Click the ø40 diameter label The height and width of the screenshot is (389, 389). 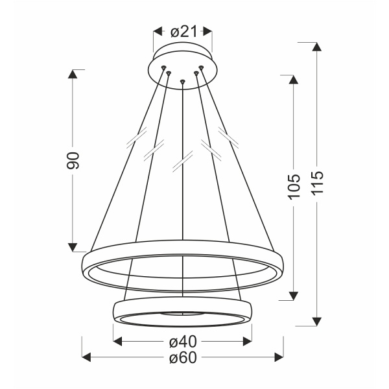pyautogui.click(x=183, y=342)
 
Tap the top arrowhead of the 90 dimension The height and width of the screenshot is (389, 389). pyautogui.click(x=73, y=73)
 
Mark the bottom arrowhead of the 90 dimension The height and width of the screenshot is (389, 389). pyautogui.click(x=73, y=247)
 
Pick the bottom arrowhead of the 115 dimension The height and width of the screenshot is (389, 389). pyautogui.click(x=316, y=321)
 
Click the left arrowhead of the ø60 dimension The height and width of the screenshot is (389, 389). pyautogui.click(x=87, y=357)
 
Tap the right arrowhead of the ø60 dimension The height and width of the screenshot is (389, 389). pyautogui.click(x=279, y=357)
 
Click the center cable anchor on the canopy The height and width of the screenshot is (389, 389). pyautogui.click(x=183, y=81)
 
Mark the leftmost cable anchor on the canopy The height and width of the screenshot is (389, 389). pyautogui.click(x=163, y=67)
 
